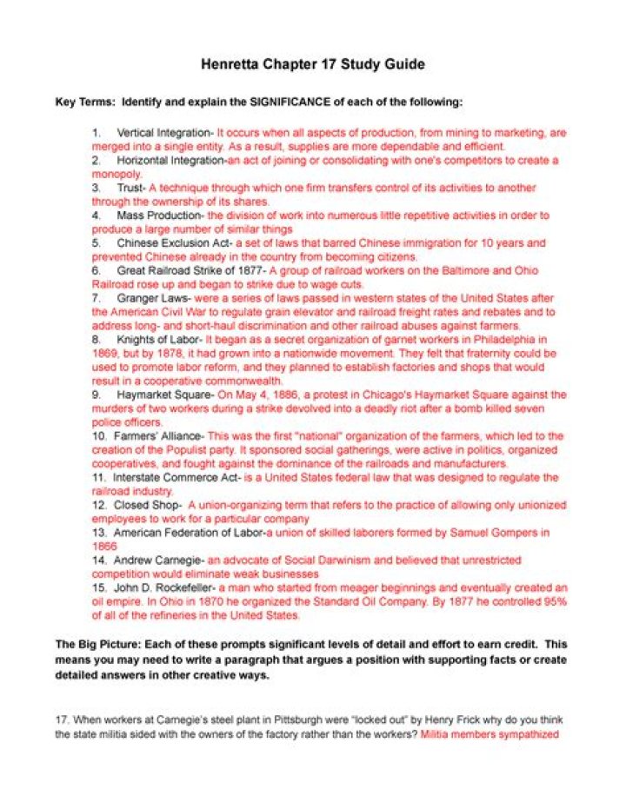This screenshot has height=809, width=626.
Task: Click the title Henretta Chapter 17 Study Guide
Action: coord(312,64)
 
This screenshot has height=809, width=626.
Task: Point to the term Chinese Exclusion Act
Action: coord(173,242)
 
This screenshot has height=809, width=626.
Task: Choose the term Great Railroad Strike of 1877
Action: coord(190,270)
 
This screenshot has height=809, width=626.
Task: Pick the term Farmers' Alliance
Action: coord(159,435)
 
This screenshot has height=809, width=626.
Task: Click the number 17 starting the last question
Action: coord(62,719)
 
